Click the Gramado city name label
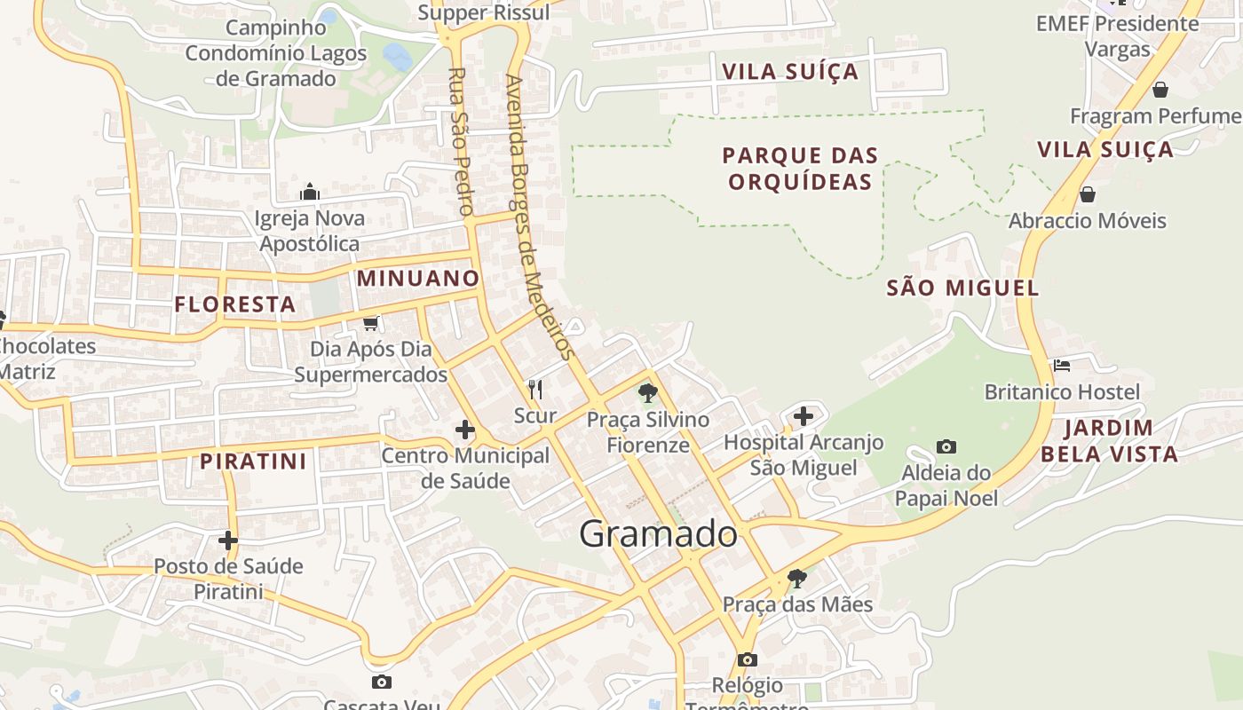(x=658, y=534)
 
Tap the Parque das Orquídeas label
(x=800, y=169)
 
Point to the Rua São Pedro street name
(x=459, y=142)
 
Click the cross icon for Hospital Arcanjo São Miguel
(x=804, y=415)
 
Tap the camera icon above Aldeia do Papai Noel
(x=946, y=446)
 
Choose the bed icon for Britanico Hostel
(x=1061, y=365)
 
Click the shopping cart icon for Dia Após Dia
(x=371, y=323)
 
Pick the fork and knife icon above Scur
(x=535, y=389)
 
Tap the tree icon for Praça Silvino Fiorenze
(x=648, y=392)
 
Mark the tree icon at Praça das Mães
(x=797, y=578)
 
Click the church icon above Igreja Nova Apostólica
(x=309, y=192)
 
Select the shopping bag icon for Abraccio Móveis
(x=1087, y=193)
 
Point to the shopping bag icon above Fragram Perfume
(x=1160, y=89)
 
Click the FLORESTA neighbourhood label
(x=235, y=304)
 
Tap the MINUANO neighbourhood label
(x=418, y=279)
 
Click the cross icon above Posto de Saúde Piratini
(x=228, y=540)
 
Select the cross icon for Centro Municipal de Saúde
(x=464, y=430)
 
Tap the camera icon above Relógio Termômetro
(x=748, y=659)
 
